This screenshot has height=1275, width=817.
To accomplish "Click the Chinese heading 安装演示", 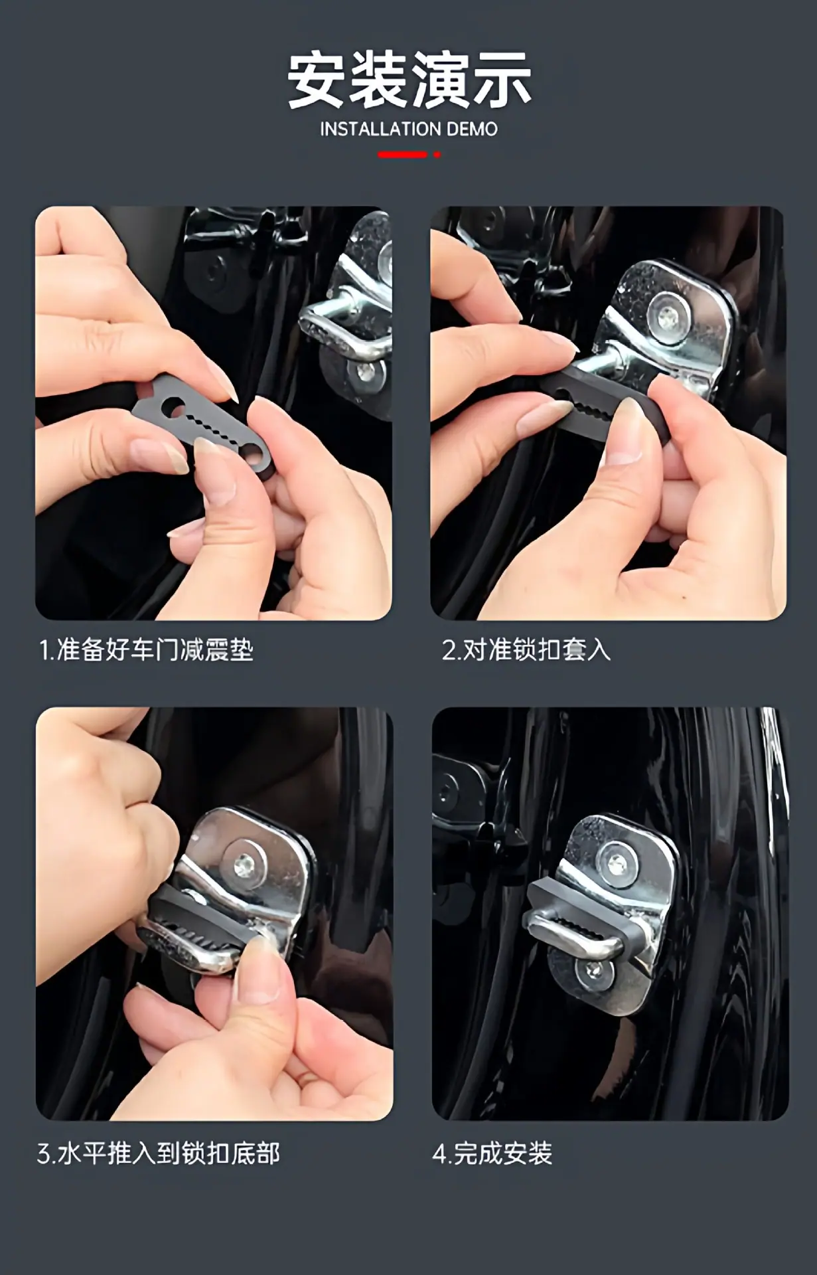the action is pyautogui.click(x=409, y=80).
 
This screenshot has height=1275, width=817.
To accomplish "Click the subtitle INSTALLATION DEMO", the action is pyautogui.click(x=409, y=129).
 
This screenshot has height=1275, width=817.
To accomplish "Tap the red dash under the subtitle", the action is pyautogui.click(x=402, y=155).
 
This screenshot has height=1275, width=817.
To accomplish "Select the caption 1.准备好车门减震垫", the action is pyautogui.click(x=146, y=649).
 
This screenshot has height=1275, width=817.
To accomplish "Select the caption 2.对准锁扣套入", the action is pyautogui.click(x=526, y=649).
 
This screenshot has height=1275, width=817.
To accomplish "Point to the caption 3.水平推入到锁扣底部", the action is pyautogui.click(x=159, y=1153).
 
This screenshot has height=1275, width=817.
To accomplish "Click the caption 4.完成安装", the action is pyautogui.click(x=492, y=1153).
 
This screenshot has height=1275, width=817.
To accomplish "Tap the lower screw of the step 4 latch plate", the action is pyautogui.click(x=594, y=972).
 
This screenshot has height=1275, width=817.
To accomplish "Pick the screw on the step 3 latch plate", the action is pyautogui.click(x=245, y=863).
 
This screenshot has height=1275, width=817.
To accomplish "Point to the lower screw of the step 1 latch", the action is pyautogui.click(x=366, y=373).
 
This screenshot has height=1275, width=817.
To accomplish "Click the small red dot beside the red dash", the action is pyautogui.click(x=437, y=155).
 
